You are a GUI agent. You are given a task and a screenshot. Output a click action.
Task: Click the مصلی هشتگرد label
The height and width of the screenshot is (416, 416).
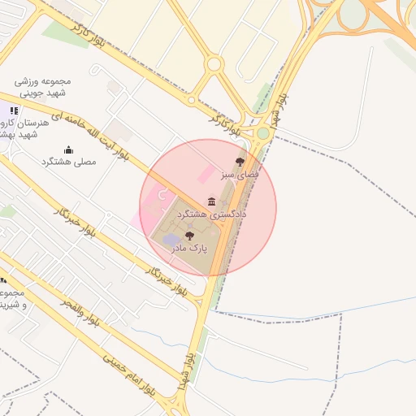68,162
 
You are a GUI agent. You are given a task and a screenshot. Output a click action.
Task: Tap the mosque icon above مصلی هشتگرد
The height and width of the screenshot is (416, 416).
68,149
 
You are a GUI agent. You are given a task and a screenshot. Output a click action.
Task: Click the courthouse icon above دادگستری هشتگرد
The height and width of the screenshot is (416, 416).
212,201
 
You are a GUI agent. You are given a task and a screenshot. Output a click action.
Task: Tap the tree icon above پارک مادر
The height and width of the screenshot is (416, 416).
189,236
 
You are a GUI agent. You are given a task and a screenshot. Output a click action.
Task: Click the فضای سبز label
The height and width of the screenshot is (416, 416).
241,175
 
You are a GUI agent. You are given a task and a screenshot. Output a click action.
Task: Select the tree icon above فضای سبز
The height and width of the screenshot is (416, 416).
239,162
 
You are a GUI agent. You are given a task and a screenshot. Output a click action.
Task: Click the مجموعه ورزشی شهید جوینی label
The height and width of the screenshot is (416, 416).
45,87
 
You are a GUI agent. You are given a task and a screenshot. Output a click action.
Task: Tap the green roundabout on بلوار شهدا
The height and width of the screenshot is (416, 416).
262,133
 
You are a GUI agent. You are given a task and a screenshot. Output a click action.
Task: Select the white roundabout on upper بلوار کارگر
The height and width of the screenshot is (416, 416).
214,64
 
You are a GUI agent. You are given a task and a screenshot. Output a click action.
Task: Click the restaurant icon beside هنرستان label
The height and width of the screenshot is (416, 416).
13,110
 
